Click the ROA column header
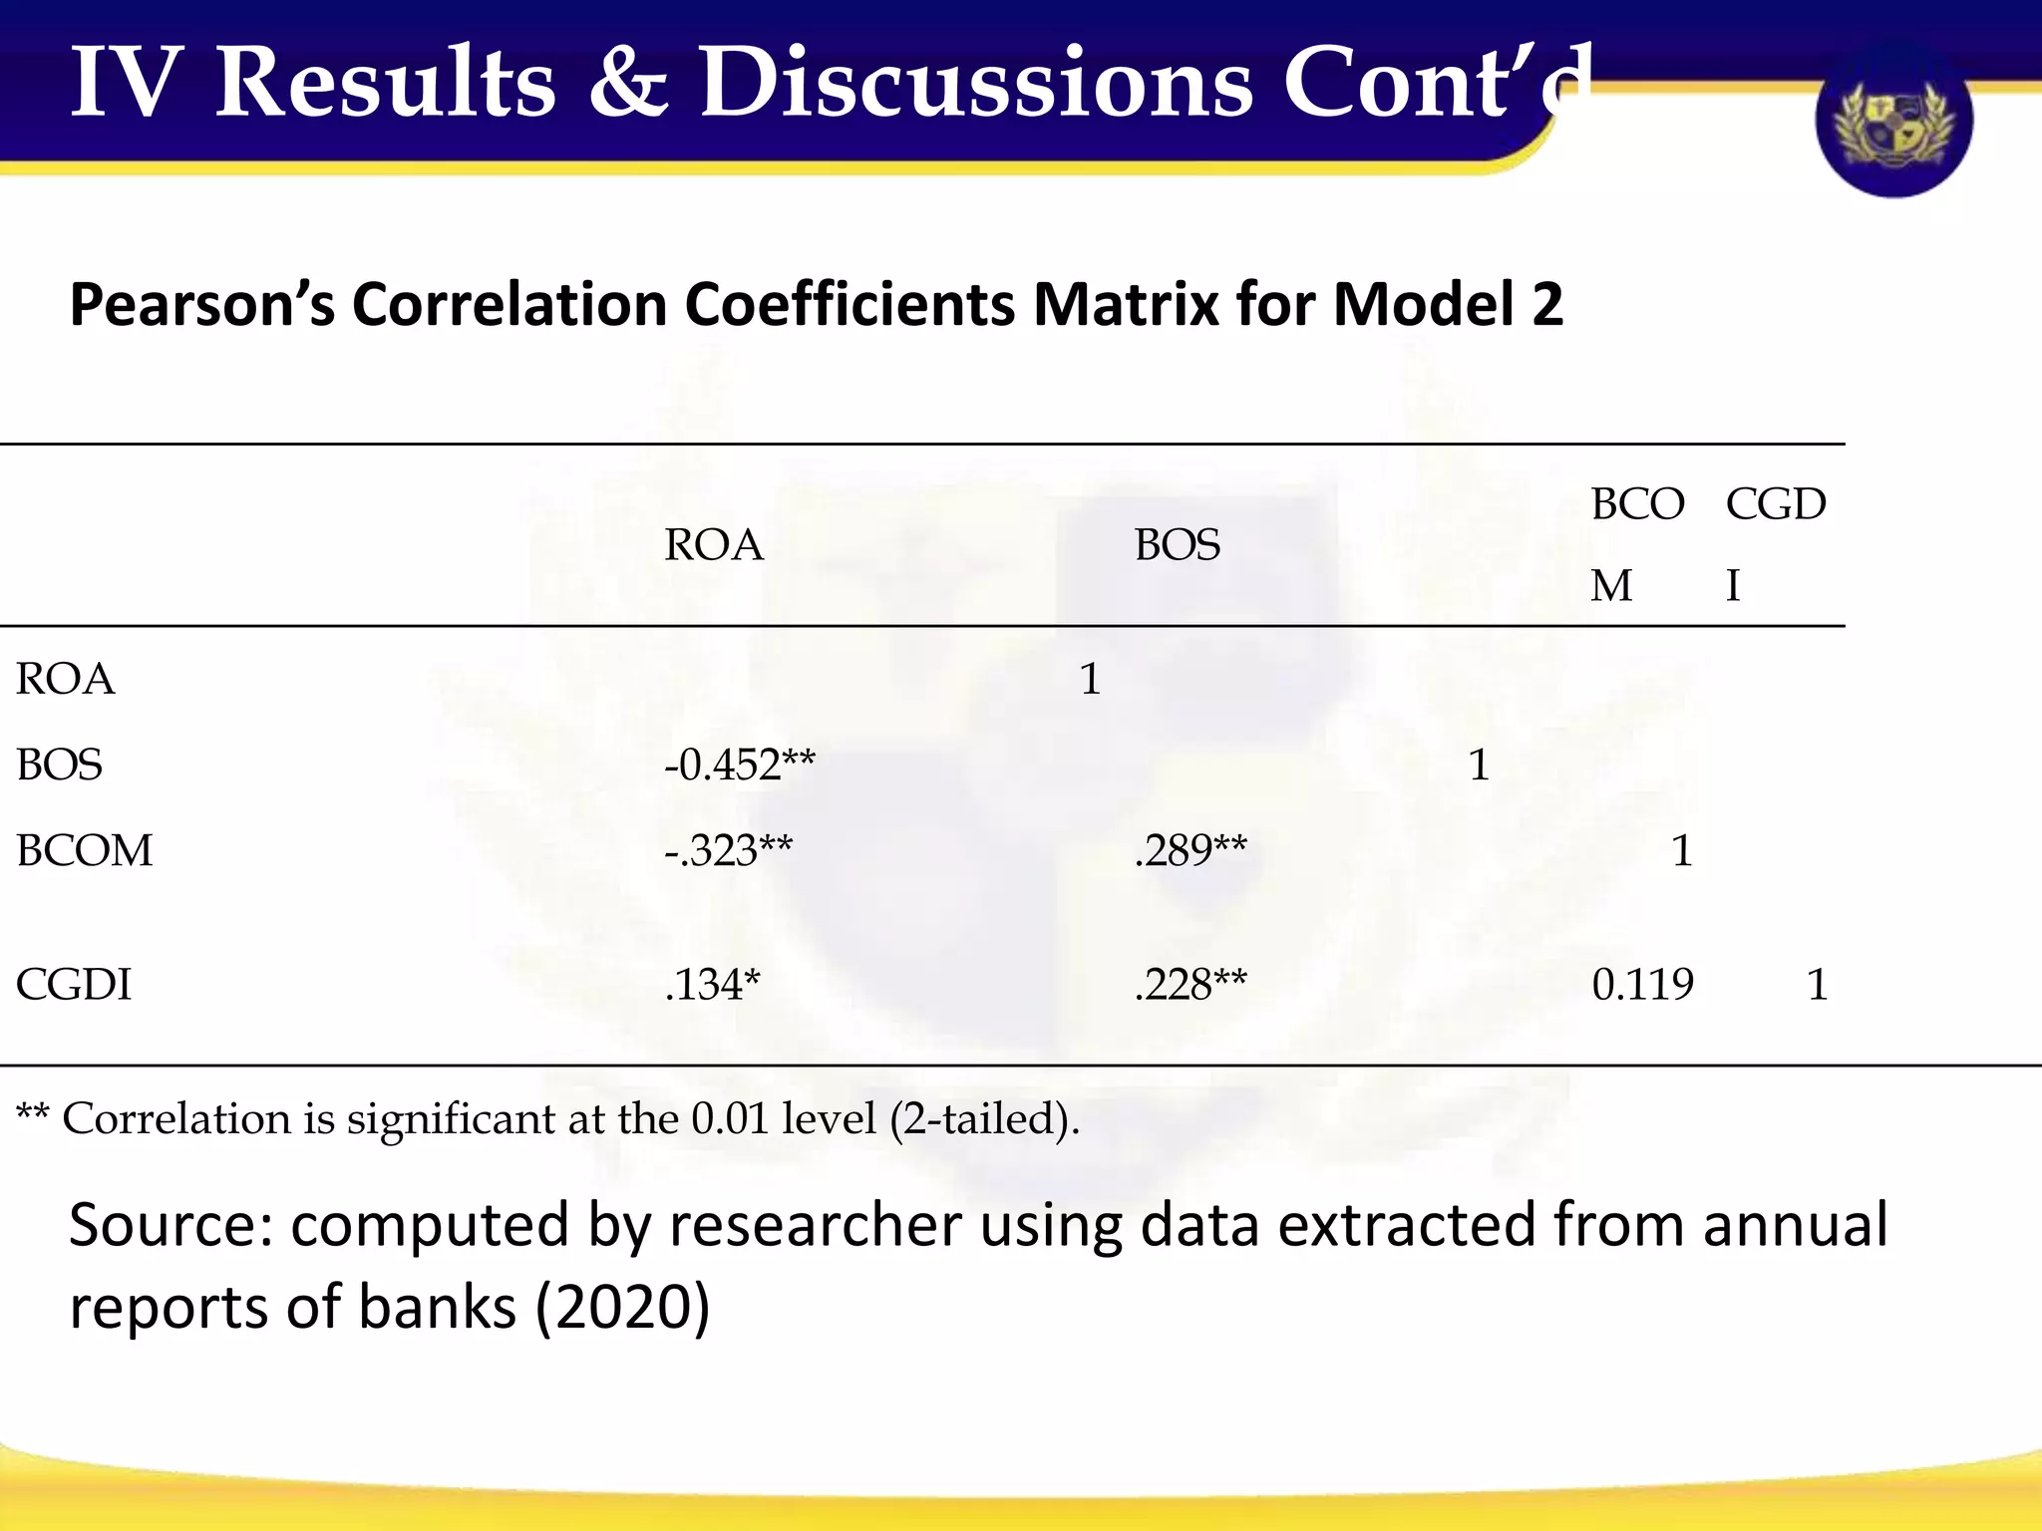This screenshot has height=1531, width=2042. click(x=714, y=545)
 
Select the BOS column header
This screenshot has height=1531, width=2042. click(x=1177, y=545)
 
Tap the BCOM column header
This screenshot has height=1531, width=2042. click(x=1636, y=544)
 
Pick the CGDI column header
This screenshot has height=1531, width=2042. click(x=1775, y=544)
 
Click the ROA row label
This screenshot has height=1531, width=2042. click(x=66, y=680)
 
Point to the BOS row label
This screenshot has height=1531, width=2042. click(x=60, y=765)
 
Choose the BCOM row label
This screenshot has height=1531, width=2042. click(x=85, y=851)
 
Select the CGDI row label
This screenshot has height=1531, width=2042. click(x=74, y=985)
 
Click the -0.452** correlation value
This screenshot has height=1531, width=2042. click(x=739, y=765)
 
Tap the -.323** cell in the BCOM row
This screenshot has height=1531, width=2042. click(x=728, y=851)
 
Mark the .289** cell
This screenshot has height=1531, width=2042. click(x=1191, y=851)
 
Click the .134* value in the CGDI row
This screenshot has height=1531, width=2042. click(x=712, y=985)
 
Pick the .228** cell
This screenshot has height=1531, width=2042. click(x=1191, y=985)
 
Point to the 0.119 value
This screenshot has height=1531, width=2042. click(x=1642, y=985)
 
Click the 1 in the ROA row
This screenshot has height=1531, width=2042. click(x=1090, y=680)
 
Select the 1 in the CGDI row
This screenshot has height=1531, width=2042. click(x=1817, y=985)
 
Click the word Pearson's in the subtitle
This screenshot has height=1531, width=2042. click(x=202, y=305)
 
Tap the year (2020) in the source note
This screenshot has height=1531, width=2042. click(x=622, y=1307)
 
